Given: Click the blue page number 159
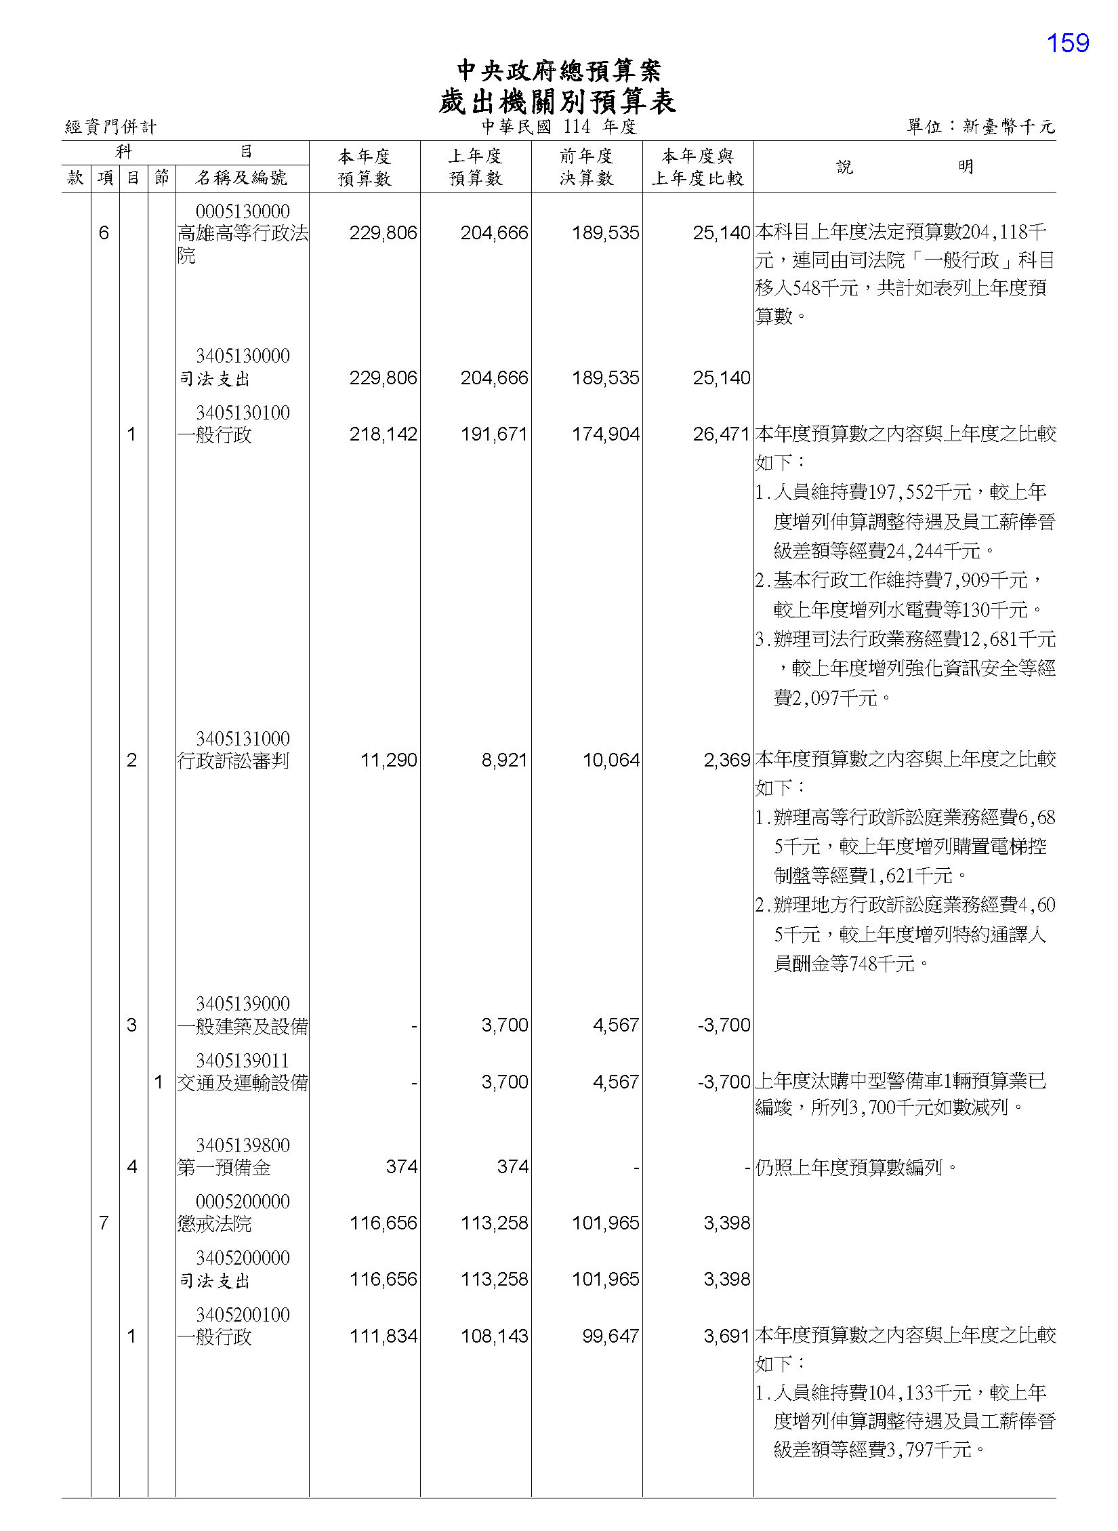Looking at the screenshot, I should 1067,43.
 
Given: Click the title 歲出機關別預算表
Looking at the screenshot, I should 557,102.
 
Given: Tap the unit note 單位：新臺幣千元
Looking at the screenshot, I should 980,127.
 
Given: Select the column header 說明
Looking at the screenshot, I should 904,167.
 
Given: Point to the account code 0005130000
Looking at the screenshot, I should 243,211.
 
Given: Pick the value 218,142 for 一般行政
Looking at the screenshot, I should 383,434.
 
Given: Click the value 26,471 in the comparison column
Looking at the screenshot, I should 721,434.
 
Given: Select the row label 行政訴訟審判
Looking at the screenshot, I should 232,760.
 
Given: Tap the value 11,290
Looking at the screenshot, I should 388,760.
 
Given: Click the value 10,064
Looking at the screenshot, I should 610,760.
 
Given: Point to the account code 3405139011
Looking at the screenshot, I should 243,1061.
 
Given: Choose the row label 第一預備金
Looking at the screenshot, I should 224,1167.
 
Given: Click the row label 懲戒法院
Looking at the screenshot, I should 214,1223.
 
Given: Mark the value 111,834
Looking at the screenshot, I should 383,1336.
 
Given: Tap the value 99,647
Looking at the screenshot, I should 610,1336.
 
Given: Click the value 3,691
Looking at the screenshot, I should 726,1336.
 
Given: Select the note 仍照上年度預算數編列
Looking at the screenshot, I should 856,1167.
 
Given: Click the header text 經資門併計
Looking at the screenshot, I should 110,127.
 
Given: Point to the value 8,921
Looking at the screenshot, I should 504,760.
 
